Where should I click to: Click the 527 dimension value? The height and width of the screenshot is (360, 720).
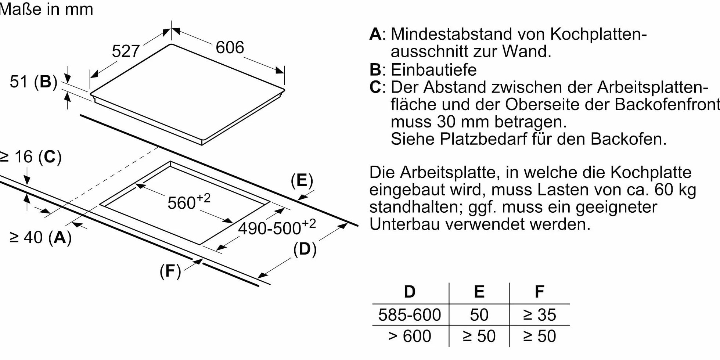coord(126,51)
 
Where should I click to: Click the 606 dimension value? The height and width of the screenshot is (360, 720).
coord(230,47)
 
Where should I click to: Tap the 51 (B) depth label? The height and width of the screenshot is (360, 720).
coord(33,82)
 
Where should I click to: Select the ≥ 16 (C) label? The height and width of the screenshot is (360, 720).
coord(31,157)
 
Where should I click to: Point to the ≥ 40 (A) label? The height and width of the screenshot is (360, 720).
coord(40,237)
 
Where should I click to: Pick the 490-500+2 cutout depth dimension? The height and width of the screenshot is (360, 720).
coord(277,227)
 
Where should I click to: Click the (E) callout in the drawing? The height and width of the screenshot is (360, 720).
coord(302,181)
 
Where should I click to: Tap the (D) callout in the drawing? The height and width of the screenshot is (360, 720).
coord(305,249)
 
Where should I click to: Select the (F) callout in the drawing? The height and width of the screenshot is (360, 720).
coord(170,271)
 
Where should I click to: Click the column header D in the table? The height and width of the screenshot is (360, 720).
coord(410,292)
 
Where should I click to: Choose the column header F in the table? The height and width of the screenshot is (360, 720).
coord(539,292)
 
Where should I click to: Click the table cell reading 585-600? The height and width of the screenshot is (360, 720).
coord(410,315)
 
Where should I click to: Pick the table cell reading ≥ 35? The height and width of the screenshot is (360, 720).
coord(540,315)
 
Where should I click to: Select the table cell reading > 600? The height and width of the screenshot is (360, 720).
coord(410,336)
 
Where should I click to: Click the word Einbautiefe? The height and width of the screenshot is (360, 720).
coord(433,69)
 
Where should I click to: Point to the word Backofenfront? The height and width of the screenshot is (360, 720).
coord(667,104)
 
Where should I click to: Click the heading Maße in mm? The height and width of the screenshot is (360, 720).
coord(46,9)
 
